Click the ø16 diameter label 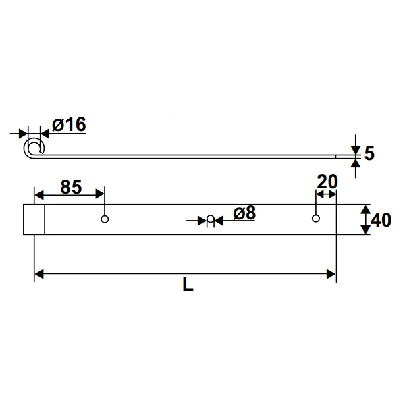69,125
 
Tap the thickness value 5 369,153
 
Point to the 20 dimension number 327,182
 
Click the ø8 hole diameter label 244,213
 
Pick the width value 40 381,220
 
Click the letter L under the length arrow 188,285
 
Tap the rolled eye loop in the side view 32,148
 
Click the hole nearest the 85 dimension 105,218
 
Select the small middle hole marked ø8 210,219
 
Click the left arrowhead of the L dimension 38,273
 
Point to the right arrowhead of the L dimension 331,273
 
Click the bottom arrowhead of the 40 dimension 365,230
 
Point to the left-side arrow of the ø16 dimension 22,132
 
